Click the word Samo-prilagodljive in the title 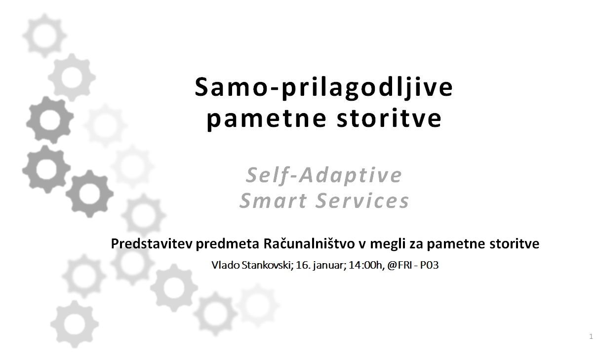coord(323,88)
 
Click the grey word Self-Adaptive coord(324,175)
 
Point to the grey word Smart coord(273,201)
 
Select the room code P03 coord(431,265)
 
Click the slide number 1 coord(591,337)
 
